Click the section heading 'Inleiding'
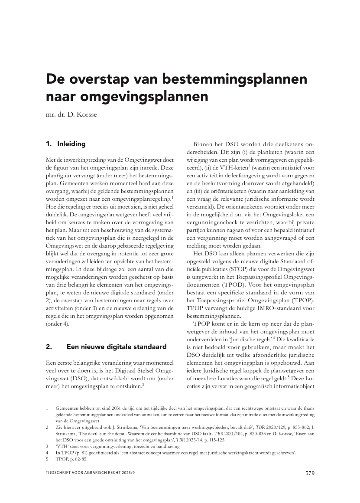(x=71, y=144)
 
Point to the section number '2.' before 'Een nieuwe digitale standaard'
(x=49, y=346)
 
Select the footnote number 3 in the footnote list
(x=47, y=445)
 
